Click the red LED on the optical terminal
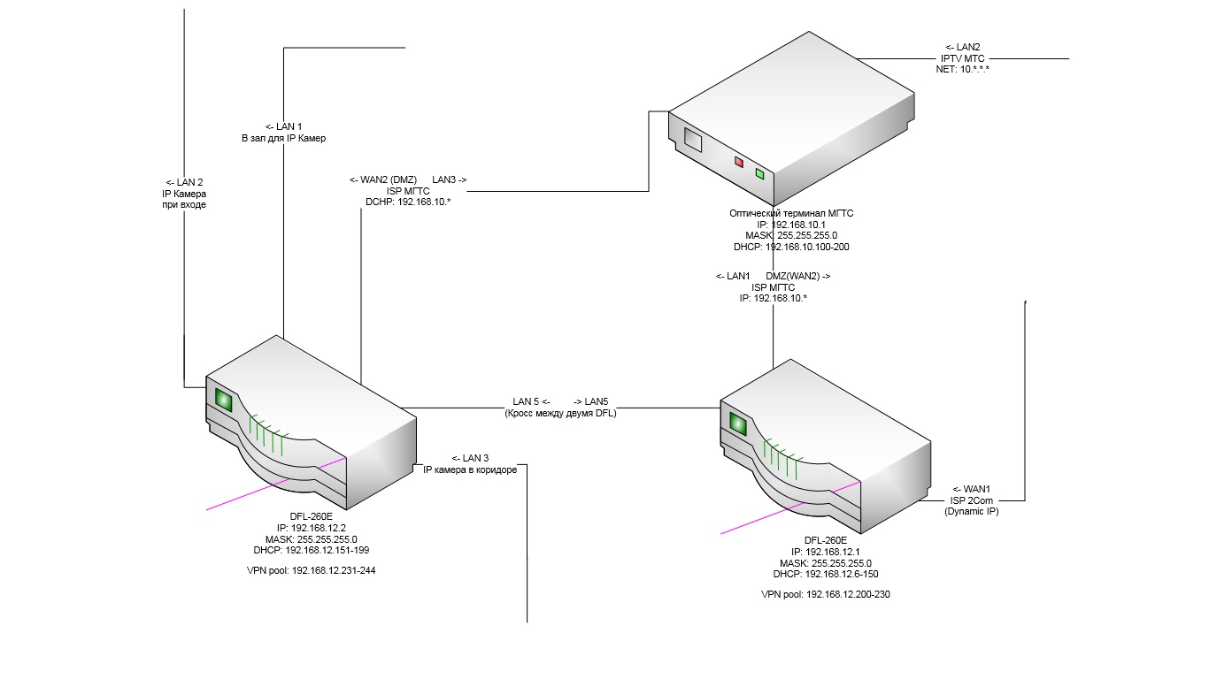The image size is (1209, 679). (739, 163)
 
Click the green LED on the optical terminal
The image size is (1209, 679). (759, 174)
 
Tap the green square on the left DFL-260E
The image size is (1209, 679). (223, 401)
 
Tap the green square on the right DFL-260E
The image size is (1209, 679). (736, 424)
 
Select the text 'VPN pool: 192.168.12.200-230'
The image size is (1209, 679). (825, 595)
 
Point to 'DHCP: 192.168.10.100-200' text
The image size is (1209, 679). (791, 248)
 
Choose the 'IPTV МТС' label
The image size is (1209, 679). (962, 57)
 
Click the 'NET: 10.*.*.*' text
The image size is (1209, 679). (962, 69)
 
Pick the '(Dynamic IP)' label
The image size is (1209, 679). (971, 511)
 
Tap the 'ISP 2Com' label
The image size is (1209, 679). (971, 500)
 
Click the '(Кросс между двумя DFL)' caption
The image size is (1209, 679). (559, 413)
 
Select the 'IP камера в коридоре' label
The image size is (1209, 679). (469, 469)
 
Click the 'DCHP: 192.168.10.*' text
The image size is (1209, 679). (408, 202)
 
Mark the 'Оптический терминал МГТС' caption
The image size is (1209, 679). (791, 213)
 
